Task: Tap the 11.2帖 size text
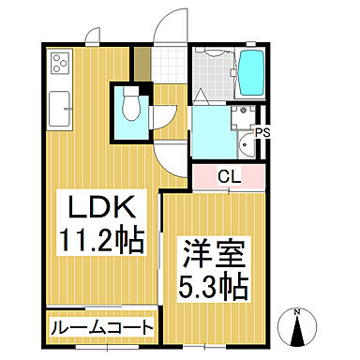pyautogui.click(x=102, y=241)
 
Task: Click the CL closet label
pyautogui.click(x=229, y=175)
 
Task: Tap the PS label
pyautogui.click(x=263, y=132)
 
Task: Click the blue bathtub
pyautogui.click(x=252, y=72)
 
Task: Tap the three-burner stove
pyautogui.click(x=60, y=65)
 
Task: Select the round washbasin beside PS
pyautogui.click(x=247, y=144)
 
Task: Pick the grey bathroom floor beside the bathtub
pyautogui.click(x=215, y=73)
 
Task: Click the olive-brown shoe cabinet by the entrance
pyautogui.click(x=142, y=63)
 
